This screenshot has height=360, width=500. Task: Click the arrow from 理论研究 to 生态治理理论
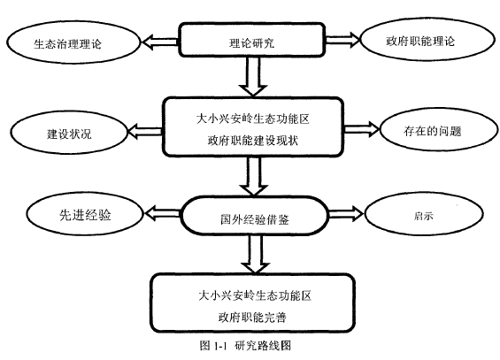[160, 42]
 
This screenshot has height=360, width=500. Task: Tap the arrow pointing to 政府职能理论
[342, 40]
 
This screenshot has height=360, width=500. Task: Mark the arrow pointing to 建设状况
[145, 131]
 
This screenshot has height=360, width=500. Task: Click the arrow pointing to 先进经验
[163, 213]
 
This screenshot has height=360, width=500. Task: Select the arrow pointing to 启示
[346, 213]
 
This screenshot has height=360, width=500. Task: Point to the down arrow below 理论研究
[253, 76]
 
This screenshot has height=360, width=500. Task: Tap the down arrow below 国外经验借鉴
[255, 254]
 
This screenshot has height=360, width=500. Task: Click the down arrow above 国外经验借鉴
[253, 176]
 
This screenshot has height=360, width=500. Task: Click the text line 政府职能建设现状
[253, 140]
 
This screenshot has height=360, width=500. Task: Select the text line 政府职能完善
[252, 317]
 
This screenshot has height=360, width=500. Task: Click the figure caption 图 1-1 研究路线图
[245, 345]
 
